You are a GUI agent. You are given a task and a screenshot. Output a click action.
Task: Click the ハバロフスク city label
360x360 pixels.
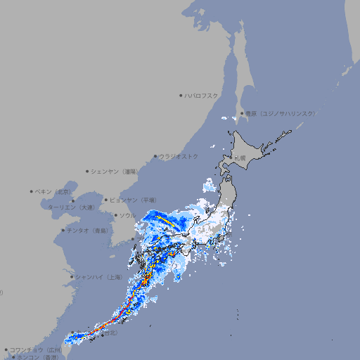[x=202, y=95]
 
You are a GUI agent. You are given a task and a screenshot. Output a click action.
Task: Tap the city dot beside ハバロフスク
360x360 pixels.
[x=181, y=95]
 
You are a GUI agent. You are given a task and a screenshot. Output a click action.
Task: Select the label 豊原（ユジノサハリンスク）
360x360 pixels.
[x=280, y=113]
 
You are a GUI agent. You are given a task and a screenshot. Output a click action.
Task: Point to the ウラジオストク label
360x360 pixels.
[x=179, y=156]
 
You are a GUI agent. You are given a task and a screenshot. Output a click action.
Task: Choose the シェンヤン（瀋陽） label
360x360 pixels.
[x=115, y=171]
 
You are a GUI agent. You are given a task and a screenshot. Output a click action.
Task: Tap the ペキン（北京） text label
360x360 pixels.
[x=53, y=191]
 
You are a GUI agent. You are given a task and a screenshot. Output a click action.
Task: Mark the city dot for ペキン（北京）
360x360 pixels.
[x=32, y=191]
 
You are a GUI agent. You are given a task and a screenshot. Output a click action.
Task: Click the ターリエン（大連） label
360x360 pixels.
[x=71, y=207]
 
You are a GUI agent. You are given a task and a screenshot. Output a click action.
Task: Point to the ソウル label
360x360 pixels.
[x=127, y=215]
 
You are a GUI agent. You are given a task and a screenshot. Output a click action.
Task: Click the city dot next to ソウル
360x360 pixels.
[x=115, y=215]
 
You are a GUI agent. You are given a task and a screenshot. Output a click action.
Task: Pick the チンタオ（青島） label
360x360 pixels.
[x=87, y=231]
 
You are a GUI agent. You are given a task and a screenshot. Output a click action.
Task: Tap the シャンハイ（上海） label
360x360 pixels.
[x=98, y=277]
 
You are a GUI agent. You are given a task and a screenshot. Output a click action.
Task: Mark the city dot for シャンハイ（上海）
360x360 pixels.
[x=72, y=277]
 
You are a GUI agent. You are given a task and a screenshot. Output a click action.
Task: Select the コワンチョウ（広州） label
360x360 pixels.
[x=36, y=349]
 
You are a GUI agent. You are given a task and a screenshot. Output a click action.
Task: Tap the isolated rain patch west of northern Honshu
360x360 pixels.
[x=210, y=186]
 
